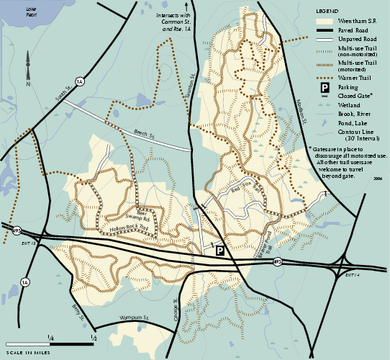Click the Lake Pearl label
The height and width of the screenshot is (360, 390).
pos(30,12)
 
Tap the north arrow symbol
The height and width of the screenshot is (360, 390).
pos(28,66)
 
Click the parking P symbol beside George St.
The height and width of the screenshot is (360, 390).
pos(220,250)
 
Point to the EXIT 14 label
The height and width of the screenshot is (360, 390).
pos(352,274)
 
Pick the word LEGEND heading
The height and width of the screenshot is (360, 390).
pos(327,12)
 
